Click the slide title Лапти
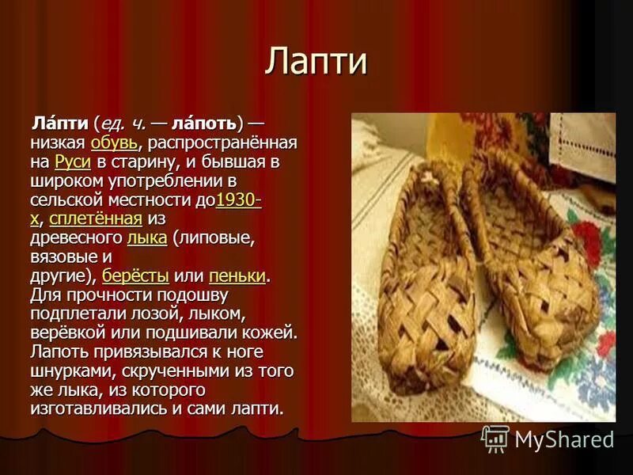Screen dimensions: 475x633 click(316, 63)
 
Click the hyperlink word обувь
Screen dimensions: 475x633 click(114, 143)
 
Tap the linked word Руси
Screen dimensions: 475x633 click(72, 162)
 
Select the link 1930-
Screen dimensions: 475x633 click(238, 200)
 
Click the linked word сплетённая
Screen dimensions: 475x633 click(95, 219)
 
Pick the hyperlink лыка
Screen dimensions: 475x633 click(146, 238)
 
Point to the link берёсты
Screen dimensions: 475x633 click(135, 276)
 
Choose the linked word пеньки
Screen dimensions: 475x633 click(237, 276)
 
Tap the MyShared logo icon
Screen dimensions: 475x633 click(495, 438)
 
